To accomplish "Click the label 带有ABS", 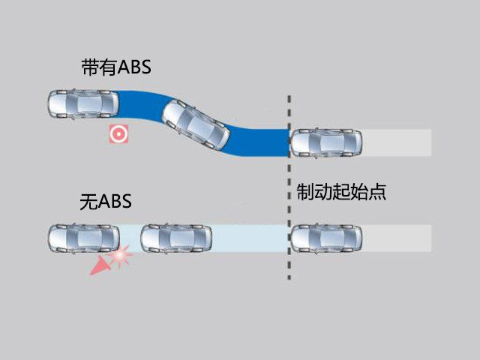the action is click(116, 67).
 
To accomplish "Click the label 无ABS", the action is click(106, 202).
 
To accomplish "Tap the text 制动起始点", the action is click(341, 192).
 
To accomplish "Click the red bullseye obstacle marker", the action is click(118, 133).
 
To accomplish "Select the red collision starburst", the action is click(121, 255).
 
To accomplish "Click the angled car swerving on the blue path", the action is click(196, 124).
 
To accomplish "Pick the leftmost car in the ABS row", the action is click(83, 104).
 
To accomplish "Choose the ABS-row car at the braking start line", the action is click(326, 142).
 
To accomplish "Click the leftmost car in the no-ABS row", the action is click(84, 238).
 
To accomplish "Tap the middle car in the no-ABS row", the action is click(176, 238).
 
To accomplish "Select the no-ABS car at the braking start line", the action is click(326, 238).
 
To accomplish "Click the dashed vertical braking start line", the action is click(289, 187).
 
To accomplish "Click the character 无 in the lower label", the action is click(88, 202).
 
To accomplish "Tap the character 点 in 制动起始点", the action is click(377, 192).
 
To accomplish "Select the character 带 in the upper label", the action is click(90, 67).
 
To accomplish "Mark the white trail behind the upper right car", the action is click(397, 142).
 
